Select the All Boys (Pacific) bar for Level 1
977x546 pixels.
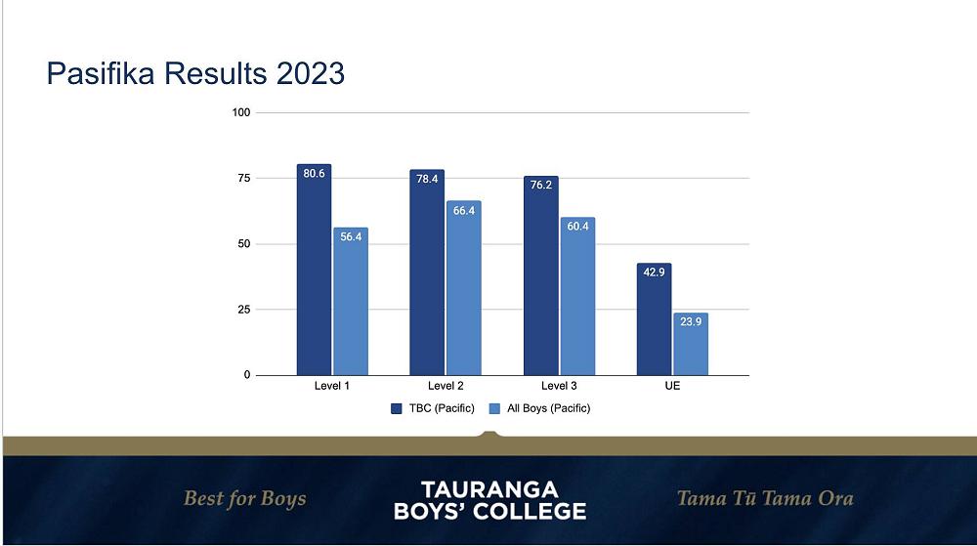click(350, 308)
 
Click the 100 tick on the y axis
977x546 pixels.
click(240, 113)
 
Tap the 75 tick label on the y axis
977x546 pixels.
click(243, 179)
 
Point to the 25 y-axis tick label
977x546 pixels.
click(243, 310)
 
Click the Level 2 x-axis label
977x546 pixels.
click(446, 387)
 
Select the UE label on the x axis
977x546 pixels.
click(672, 387)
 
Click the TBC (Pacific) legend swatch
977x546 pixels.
click(398, 408)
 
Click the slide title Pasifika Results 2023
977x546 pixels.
click(195, 73)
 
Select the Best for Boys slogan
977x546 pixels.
click(244, 498)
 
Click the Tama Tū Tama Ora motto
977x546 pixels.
click(765, 498)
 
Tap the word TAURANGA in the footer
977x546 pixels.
click(488, 487)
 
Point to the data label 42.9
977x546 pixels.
click(654, 273)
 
